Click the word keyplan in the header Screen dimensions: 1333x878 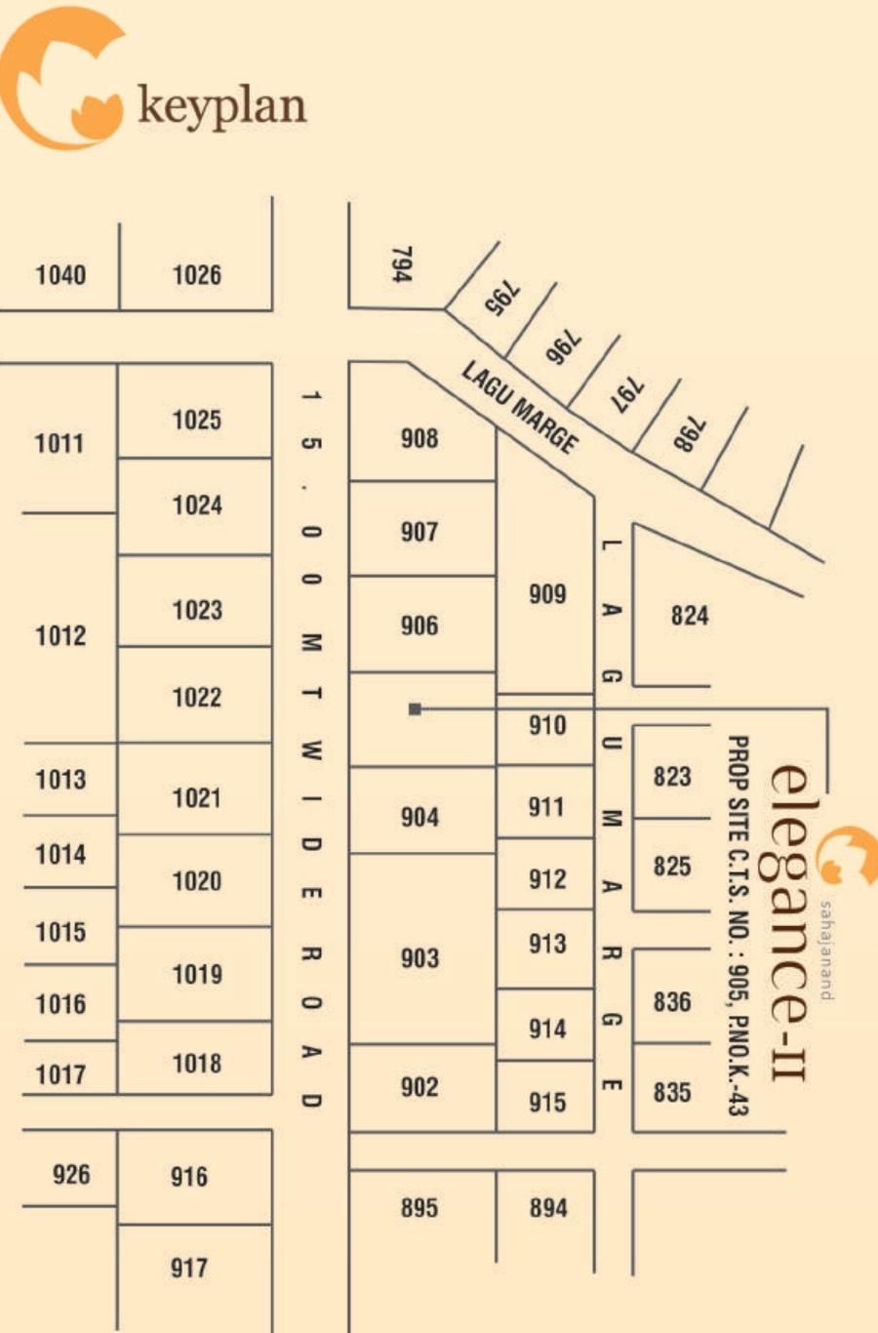[x=222, y=105]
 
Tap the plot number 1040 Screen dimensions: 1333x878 [x=60, y=275]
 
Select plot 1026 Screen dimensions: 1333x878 [x=197, y=275]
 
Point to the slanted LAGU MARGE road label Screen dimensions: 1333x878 [x=520, y=407]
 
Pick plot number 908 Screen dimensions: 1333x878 [x=419, y=438]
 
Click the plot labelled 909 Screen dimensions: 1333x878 [x=547, y=593]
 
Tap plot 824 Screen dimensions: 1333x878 [x=689, y=615]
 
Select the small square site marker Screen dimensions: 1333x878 [x=415, y=708]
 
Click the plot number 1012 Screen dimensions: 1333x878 [x=60, y=636]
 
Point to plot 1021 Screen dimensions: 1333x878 [x=197, y=798]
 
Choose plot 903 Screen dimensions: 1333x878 [x=419, y=958]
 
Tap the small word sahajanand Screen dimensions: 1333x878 [x=827, y=949]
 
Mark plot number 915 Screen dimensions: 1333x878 [x=547, y=1102]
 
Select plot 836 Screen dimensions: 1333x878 [x=672, y=1001]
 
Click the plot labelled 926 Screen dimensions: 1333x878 [x=71, y=1174]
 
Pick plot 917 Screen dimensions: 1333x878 [x=189, y=1268]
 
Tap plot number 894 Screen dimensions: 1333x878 [x=548, y=1208]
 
